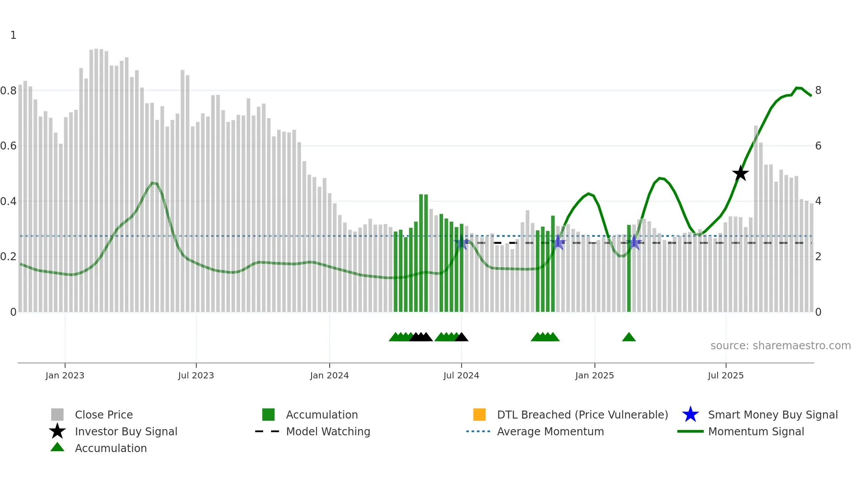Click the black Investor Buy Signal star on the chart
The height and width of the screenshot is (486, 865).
tap(740, 173)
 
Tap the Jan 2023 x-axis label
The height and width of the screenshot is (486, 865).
tap(64, 375)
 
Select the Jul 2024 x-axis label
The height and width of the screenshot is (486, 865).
tap(461, 375)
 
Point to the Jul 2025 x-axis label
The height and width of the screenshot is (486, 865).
tap(726, 375)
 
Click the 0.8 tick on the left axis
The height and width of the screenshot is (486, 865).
tap(8, 91)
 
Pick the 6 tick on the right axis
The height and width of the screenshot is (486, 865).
tap(818, 146)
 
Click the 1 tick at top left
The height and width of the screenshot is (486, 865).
tap(13, 35)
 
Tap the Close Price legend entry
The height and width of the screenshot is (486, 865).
tap(104, 415)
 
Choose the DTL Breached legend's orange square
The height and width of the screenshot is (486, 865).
tap(479, 415)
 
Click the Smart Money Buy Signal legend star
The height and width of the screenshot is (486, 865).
tap(690, 415)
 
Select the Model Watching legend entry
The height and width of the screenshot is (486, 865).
tap(328, 431)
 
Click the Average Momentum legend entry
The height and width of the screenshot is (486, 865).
tap(550, 431)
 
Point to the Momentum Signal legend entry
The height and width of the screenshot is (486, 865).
tap(756, 431)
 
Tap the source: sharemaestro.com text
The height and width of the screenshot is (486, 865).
tap(780, 346)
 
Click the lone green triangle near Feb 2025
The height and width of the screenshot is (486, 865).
tap(629, 337)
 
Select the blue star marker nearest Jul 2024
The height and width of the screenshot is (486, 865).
tap(462, 242)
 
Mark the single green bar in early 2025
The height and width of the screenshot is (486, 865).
tap(629, 269)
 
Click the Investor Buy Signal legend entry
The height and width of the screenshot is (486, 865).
tap(126, 431)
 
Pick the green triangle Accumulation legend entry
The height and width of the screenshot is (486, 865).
tap(110, 448)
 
